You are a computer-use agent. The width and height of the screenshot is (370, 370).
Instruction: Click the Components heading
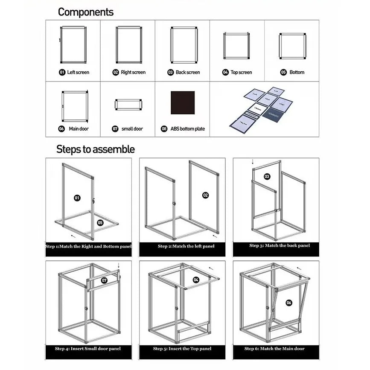tap(86, 12)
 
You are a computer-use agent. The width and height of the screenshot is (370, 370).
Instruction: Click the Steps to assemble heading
tap(96, 149)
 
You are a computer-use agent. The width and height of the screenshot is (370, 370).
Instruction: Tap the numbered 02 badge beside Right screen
tap(116, 73)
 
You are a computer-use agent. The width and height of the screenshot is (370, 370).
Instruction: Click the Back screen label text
tap(188, 73)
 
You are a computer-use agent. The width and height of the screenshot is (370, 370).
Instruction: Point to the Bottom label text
tap(297, 73)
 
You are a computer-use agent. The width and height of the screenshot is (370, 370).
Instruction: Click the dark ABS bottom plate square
tap(183, 103)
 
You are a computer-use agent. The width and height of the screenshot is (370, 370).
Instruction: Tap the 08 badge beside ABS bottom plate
tap(164, 129)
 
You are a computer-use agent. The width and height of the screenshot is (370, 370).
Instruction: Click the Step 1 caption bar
tap(89, 247)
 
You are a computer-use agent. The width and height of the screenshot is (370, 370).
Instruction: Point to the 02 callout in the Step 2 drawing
tap(205, 195)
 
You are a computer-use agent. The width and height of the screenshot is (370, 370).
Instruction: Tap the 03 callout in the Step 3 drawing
tap(267, 176)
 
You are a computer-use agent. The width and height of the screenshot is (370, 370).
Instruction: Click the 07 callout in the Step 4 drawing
tap(104, 280)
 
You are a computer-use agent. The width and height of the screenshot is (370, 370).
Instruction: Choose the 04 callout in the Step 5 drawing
tap(196, 280)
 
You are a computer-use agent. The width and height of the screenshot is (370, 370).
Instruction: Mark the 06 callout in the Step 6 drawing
tap(289, 303)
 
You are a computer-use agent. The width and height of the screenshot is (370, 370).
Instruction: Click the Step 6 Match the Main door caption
tap(275, 349)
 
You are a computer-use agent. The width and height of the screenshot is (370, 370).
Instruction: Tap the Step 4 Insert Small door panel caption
tap(88, 349)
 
